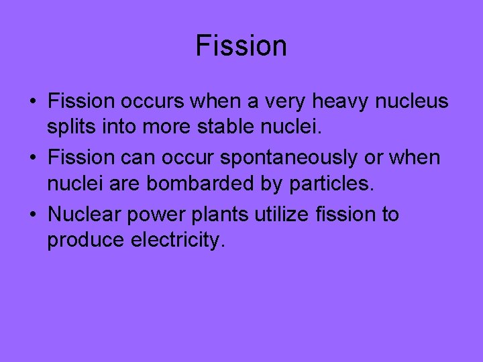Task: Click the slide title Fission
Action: [241, 46]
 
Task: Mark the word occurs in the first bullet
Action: [151, 102]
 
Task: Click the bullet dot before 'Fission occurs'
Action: [32, 102]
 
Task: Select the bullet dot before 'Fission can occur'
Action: [32, 159]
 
